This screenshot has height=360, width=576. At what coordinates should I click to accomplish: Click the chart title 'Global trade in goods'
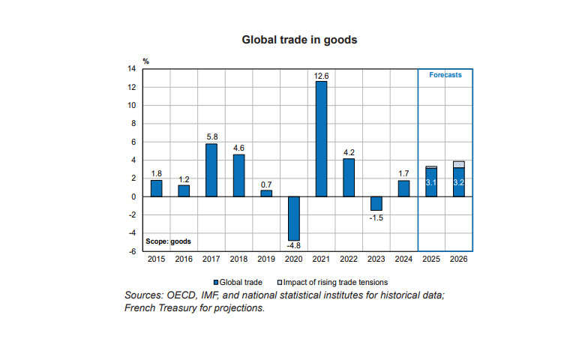(288, 39)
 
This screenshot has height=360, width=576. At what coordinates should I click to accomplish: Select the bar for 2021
(321, 139)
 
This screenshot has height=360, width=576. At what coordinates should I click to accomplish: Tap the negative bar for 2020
(293, 218)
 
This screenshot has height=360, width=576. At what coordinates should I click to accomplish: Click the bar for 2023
(376, 203)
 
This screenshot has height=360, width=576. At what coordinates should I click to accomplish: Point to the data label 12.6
(321, 75)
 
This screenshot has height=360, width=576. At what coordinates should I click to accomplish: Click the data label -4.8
(293, 245)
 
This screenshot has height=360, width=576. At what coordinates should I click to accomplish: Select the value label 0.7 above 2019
(266, 184)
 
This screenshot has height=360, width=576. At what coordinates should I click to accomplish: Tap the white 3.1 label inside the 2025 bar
(430, 182)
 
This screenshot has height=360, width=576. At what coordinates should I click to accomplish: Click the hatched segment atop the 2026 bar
(458, 164)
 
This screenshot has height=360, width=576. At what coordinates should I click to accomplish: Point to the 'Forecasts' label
(445, 75)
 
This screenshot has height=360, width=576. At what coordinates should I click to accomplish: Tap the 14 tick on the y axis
(133, 69)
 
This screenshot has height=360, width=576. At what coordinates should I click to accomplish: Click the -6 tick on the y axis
(133, 251)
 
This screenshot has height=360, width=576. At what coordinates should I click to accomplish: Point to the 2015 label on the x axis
(157, 259)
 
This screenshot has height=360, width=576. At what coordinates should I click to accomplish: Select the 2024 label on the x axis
(403, 259)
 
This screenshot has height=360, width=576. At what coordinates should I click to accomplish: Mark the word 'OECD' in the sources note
(185, 295)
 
